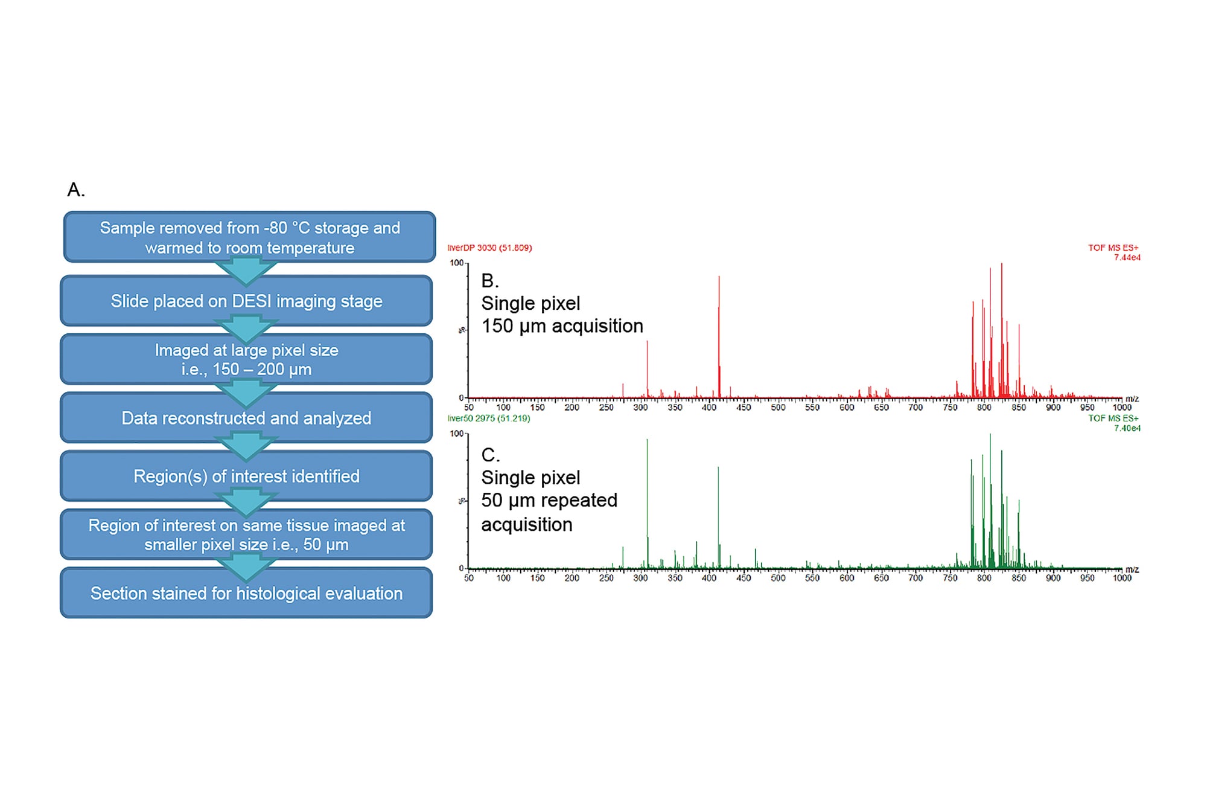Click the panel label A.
tap(75, 190)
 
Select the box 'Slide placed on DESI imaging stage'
tap(246, 301)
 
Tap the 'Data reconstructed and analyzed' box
tap(246, 418)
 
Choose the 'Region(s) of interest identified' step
tap(246, 476)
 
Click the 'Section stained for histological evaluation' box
tap(246, 593)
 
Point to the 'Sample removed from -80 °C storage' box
tap(249, 237)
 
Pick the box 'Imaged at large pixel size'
tap(246, 359)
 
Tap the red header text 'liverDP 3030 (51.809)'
tap(489, 248)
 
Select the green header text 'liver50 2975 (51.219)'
tap(489, 419)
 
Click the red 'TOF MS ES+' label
tap(1113, 248)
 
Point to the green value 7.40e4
tap(1127, 428)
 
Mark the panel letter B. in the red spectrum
tap(489, 280)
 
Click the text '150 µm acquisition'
tap(562, 326)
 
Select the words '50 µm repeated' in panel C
tap(549, 501)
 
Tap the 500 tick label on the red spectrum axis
tap(778, 408)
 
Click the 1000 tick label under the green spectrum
tap(1122, 579)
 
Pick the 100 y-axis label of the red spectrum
tap(456, 263)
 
